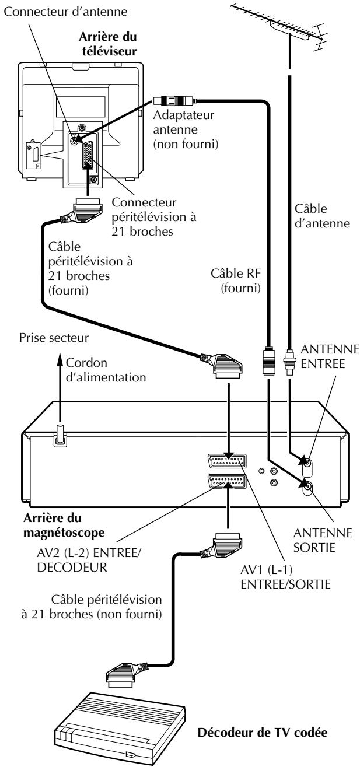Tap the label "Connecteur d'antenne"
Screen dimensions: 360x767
point(65,12)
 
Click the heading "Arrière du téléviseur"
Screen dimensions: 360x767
point(109,44)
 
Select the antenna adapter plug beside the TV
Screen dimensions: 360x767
point(174,101)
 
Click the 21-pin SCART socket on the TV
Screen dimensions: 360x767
point(88,154)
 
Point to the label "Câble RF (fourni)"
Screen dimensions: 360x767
point(236,281)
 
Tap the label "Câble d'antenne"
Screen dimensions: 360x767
point(322,216)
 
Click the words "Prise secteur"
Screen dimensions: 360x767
point(54,338)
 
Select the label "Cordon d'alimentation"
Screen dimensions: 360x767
point(106,370)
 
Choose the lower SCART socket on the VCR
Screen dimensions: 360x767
point(227,482)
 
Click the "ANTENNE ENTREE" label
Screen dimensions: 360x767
point(330,356)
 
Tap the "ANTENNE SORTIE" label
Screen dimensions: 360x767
point(322,540)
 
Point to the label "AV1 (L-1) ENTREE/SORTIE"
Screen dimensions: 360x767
point(285,577)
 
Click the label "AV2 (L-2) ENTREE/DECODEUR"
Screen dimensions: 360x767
point(89,560)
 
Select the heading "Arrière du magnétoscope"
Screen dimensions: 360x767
point(64,526)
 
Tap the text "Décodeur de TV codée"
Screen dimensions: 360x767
point(263,733)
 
